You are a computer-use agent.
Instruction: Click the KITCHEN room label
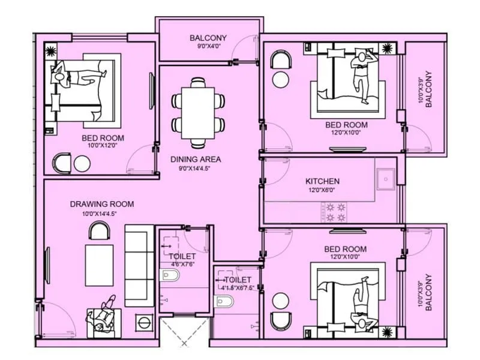(322, 181)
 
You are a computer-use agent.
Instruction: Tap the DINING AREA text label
(196, 160)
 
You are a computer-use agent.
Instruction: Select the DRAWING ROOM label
(101, 204)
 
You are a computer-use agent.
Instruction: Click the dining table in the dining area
(198, 113)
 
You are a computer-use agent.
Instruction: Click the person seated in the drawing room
(106, 315)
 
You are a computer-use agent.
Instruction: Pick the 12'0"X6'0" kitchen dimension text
(322, 191)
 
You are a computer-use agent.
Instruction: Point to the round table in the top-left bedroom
(81, 163)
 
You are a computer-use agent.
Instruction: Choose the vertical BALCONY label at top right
(428, 90)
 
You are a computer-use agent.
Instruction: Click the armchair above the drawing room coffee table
(100, 231)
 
